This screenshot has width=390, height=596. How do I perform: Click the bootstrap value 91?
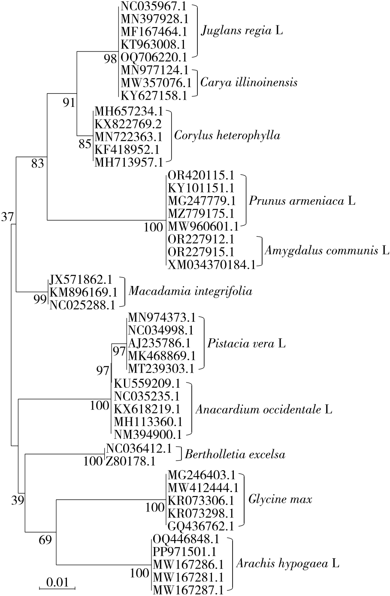69,103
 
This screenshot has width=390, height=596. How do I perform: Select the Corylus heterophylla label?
227,136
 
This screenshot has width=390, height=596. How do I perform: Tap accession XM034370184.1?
211,262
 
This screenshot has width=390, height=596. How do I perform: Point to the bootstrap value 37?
8,217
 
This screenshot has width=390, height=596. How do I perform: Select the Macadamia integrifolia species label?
190,291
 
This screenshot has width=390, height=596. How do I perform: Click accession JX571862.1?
81,280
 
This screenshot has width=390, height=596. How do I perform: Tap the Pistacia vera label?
240,343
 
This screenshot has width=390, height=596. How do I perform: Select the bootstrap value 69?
45,541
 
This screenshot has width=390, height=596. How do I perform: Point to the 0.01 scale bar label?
57,583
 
